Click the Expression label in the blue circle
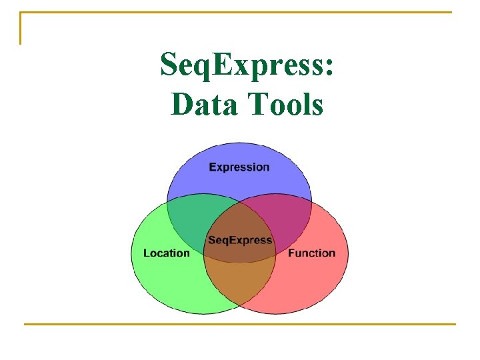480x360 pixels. [x=239, y=167]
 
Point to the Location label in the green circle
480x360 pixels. [x=167, y=253]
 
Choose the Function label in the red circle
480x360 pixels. [x=311, y=253]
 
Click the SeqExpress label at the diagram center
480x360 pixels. [x=239, y=240]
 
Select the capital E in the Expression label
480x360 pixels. [x=213, y=167]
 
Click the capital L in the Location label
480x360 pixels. [x=147, y=253]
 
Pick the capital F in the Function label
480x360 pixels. [x=291, y=253]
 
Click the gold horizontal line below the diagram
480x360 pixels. [x=239, y=324]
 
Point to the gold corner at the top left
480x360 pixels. [x=21, y=13]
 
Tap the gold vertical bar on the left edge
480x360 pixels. [x=21, y=30]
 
